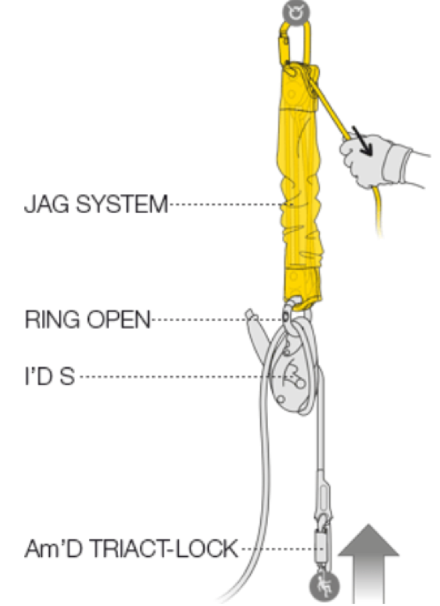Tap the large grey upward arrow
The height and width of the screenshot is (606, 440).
(x=369, y=561)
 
